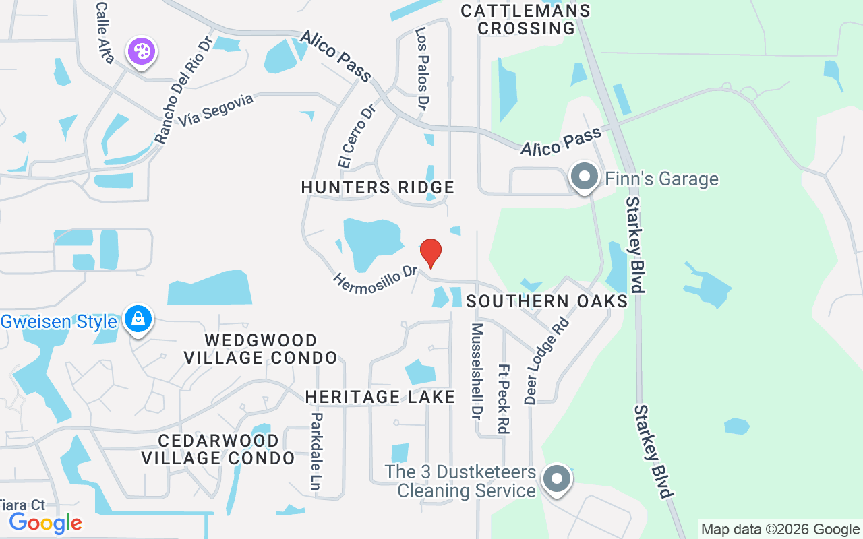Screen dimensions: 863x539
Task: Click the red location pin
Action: [431, 253]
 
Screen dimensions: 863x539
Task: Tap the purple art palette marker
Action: [142, 51]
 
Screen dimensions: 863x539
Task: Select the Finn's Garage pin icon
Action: [584, 177]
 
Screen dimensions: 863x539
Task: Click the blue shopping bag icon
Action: [138, 319]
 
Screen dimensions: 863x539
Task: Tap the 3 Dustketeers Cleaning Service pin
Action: [557, 480]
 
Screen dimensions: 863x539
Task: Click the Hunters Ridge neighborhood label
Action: [378, 187]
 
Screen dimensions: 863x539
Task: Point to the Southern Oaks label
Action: [547, 301]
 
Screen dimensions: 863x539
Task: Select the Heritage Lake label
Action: [380, 398]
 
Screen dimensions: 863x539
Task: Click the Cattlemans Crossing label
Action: [525, 20]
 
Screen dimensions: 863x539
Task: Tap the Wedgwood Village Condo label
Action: [261, 348]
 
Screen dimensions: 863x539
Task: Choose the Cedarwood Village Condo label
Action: [218, 449]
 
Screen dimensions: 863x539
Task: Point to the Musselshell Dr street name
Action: [477, 369]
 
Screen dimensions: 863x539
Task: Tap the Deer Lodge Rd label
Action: [547, 360]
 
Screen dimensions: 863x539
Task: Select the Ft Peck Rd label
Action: [503, 399]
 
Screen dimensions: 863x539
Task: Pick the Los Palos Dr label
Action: [423, 67]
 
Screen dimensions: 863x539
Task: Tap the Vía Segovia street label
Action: [216, 110]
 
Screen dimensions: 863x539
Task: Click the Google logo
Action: [45, 523]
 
